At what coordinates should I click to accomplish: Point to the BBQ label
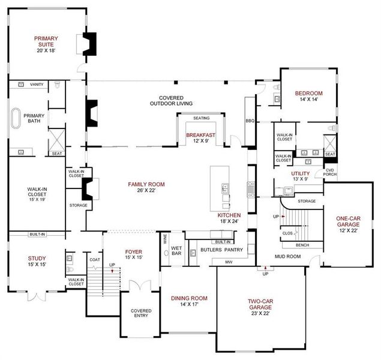(x=250, y=121)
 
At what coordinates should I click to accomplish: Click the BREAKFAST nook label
(x=200, y=136)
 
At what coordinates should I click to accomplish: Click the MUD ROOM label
(x=288, y=256)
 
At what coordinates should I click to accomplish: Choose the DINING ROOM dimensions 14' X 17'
(x=188, y=305)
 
